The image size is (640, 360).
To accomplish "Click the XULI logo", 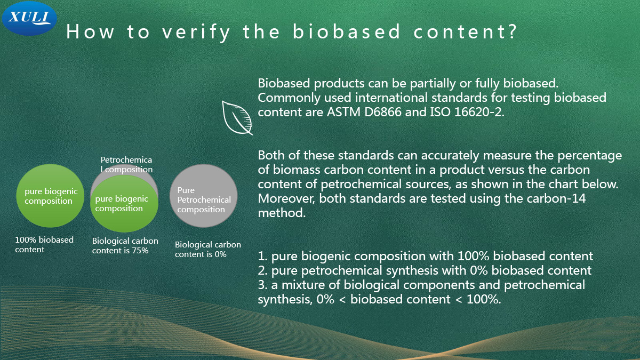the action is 29,18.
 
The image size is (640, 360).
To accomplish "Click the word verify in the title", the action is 196,32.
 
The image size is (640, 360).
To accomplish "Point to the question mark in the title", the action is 512,31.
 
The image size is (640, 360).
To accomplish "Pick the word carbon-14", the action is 556,198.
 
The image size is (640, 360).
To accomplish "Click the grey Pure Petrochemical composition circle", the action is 203,196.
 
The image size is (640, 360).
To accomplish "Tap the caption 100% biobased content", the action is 44,245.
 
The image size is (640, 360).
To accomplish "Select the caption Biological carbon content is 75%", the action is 125,246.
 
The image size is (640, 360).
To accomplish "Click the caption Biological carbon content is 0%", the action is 207,250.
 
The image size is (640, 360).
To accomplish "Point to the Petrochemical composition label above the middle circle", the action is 126,165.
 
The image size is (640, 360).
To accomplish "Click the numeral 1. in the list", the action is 262,256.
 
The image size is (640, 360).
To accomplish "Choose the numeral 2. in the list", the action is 262,270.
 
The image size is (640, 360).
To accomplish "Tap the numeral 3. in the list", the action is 262,285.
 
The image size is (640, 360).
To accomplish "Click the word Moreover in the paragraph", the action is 286,198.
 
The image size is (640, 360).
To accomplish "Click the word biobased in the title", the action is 347,31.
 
